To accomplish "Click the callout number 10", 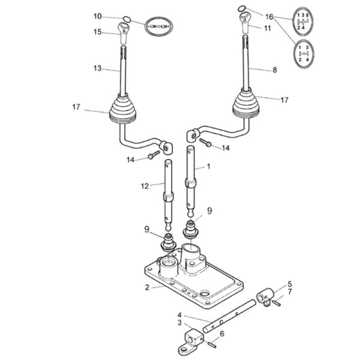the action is click(97, 17).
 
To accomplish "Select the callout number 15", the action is click(97, 32).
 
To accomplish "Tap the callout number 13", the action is click(97, 68).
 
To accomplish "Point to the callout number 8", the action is click(275, 70).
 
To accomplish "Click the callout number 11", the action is click(268, 28).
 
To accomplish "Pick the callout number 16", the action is click(269, 17).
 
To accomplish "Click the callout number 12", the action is click(145, 186).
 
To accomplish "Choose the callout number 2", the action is click(147, 287).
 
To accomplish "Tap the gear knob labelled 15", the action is click(123, 33).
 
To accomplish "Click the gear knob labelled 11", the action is click(245, 23).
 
